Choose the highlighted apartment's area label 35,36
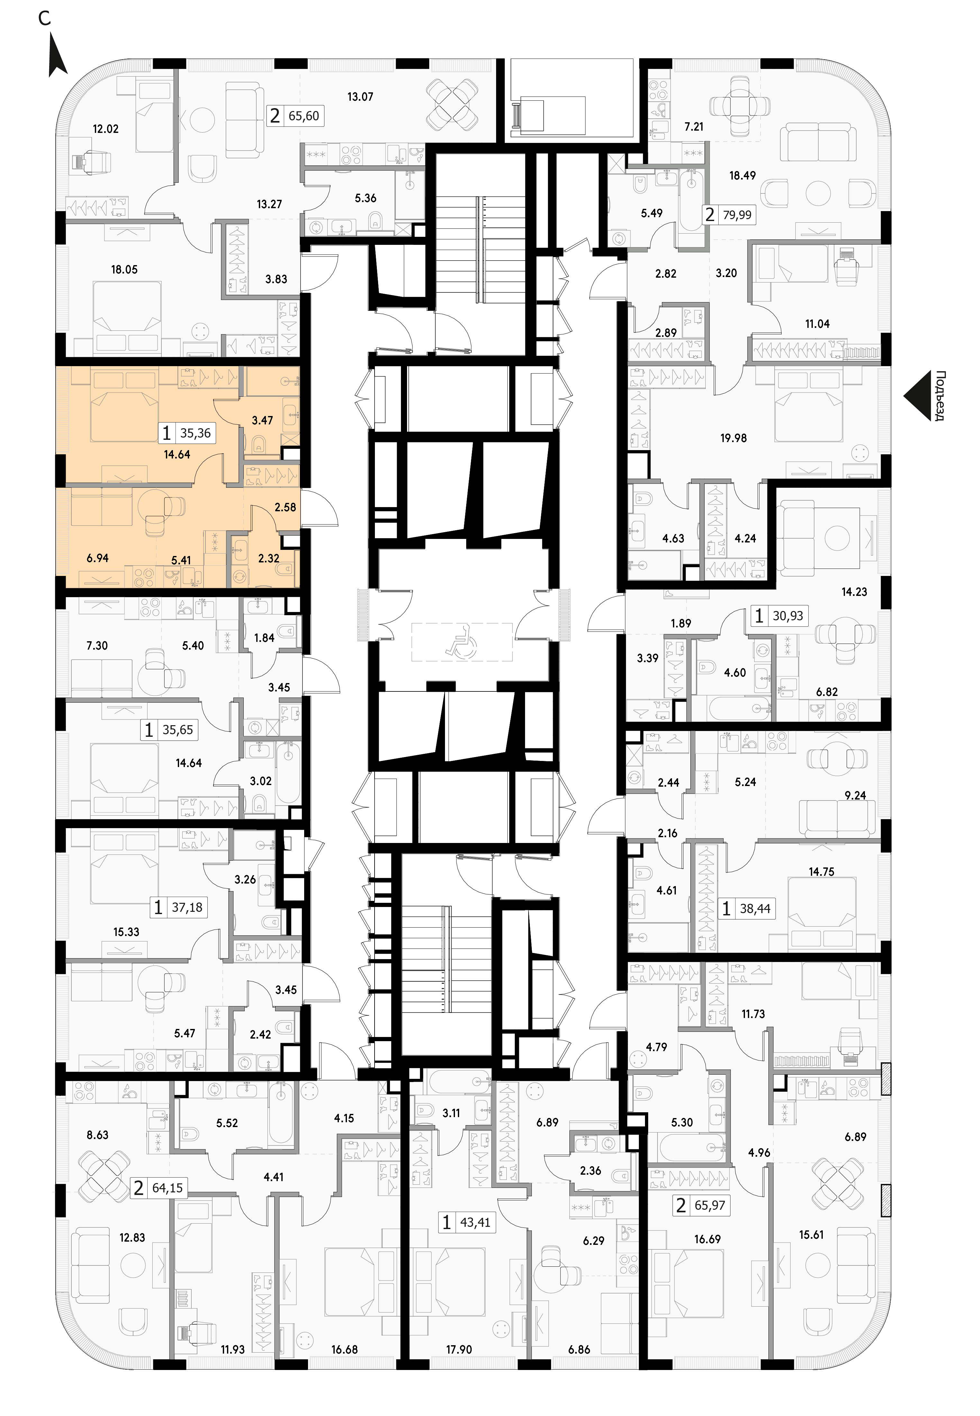click(195, 433)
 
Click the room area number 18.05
click(124, 269)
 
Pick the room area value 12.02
click(105, 129)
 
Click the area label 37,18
click(187, 907)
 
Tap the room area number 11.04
click(817, 324)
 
